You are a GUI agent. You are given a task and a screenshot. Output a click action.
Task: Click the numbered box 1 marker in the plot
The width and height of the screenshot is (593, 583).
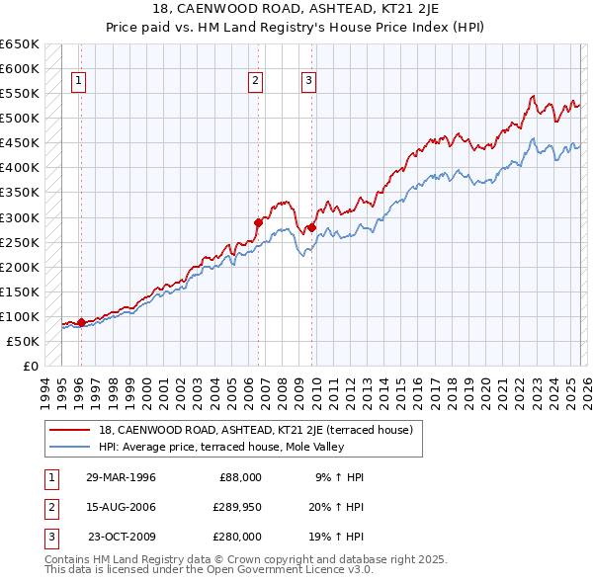[x=78, y=82]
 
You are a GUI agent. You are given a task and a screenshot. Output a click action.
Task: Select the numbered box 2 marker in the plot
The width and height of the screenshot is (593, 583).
[x=255, y=82]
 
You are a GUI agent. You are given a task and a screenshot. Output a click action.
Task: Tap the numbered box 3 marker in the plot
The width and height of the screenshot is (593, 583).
[x=308, y=82]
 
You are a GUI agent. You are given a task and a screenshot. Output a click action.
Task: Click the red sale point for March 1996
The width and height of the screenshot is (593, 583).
[x=81, y=321]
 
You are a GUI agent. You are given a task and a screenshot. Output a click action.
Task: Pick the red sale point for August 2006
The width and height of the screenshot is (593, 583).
[x=259, y=222]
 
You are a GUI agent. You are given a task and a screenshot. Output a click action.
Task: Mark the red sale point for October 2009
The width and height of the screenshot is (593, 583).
[x=312, y=227]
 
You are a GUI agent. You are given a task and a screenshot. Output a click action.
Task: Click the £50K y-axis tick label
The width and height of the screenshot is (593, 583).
[x=22, y=341]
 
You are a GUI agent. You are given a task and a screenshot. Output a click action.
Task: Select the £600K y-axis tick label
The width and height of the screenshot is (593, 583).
[x=19, y=68]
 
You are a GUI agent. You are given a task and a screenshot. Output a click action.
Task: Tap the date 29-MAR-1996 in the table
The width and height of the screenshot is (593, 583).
[x=121, y=476]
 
